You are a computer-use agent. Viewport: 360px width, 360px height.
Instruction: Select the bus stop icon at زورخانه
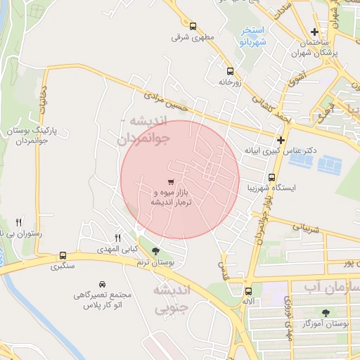click(229, 71)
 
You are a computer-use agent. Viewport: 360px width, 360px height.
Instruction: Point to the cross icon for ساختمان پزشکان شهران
click(315, 32)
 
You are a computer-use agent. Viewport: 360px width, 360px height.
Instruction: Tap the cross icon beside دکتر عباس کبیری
click(281, 140)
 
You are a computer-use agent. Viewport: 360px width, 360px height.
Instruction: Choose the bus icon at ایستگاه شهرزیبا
click(272, 177)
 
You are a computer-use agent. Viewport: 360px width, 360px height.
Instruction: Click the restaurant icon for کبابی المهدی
click(118, 238)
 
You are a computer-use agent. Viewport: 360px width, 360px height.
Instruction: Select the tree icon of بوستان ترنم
click(155, 250)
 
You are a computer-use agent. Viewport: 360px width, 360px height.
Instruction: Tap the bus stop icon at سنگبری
click(63, 256)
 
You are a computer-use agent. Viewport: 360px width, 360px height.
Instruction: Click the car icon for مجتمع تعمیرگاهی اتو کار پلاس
click(103, 284)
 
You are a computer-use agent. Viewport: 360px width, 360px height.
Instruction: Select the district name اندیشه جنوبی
click(172, 298)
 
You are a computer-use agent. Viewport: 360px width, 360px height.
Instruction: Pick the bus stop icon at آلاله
click(248, 291)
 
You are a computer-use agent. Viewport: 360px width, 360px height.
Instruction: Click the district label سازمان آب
click(332, 289)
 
